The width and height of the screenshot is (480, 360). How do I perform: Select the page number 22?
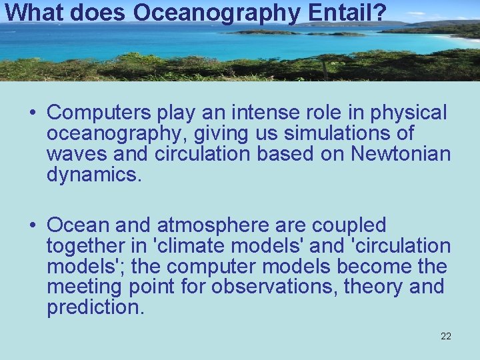click(446, 336)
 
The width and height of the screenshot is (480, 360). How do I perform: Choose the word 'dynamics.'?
click(94, 175)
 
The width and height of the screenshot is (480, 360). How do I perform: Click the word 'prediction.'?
click(95, 308)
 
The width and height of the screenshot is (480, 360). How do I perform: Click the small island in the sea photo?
click(267, 31)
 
